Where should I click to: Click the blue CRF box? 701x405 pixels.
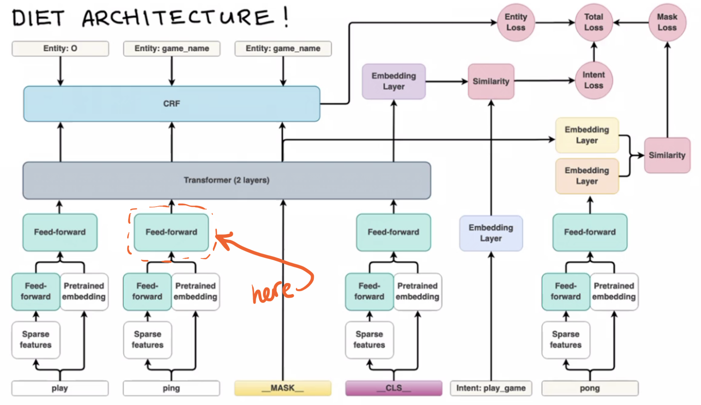(172, 104)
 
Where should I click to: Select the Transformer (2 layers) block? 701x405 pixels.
(227, 180)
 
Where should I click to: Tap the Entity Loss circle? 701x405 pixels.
(516, 22)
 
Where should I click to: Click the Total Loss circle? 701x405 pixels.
(594, 22)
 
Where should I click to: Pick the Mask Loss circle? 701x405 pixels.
(667, 22)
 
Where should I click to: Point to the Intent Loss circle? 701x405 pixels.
(594, 80)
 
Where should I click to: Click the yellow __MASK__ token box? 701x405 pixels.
(283, 388)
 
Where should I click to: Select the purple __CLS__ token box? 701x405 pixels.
(394, 388)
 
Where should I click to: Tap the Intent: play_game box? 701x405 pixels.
(491, 388)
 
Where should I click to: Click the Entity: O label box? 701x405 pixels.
(60, 49)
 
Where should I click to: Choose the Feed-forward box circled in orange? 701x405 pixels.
(171, 232)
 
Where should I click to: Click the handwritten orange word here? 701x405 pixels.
(272, 291)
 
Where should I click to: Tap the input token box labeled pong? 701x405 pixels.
(590, 388)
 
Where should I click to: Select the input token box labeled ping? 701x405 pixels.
(171, 388)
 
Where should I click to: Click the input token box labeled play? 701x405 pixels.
(60, 388)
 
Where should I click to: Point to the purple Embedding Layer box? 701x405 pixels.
(394, 82)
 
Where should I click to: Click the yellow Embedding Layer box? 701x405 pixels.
(587, 135)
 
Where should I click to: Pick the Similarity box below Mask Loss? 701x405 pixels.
(667, 155)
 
